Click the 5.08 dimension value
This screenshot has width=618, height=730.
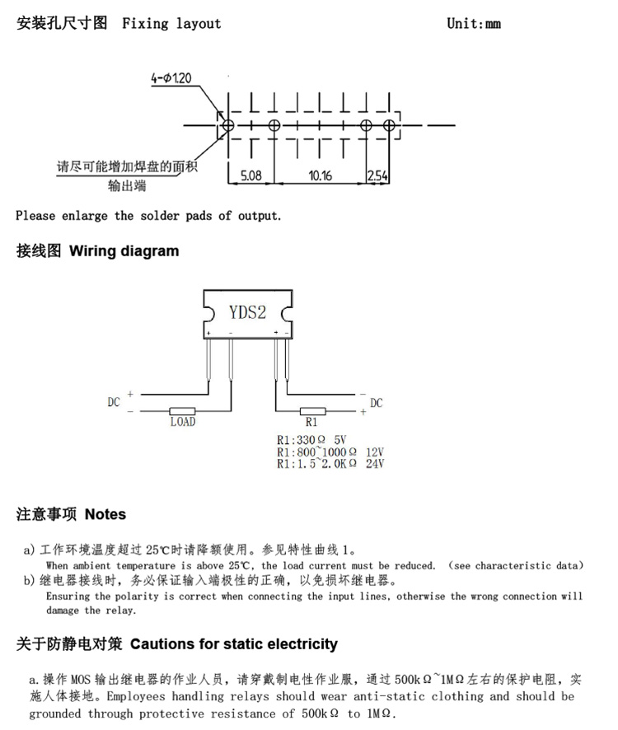[x=251, y=175]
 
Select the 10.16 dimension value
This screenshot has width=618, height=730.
[x=320, y=175]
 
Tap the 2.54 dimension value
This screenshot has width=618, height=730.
[x=377, y=175]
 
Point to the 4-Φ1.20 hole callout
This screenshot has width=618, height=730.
[x=171, y=78]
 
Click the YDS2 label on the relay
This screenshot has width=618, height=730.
[x=247, y=312]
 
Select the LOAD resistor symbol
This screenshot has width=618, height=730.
[x=182, y=411]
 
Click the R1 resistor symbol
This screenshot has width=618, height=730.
[x=312, y=411]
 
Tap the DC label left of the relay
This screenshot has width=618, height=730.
[x=114, y=402]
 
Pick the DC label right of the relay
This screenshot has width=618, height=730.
[x=377, y=403]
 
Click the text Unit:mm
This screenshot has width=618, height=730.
[x=474, y=23]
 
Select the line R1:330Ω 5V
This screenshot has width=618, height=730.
[x=311, y=440]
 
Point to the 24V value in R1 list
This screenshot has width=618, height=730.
[x=375, y=464]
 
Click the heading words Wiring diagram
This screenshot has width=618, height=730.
[x=124, y=251]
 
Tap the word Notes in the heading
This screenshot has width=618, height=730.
[x=105, y=514]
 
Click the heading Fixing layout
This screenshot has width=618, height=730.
[x=171, y=23]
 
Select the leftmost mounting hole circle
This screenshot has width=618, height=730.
[x=228, y=125]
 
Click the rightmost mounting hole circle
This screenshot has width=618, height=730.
[x=389, y=125]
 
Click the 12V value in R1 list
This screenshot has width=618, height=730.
[x=375, y=452]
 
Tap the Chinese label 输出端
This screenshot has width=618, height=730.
[x=127, y=185]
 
